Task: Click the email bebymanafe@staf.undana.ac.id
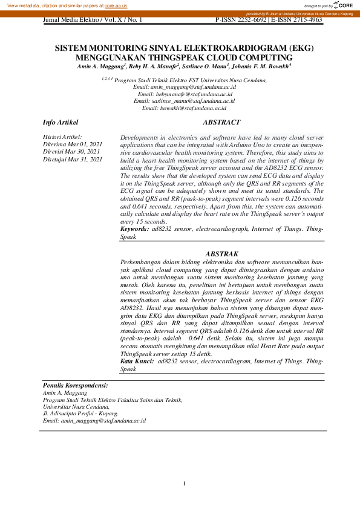point(186,94)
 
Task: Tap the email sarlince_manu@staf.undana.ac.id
point(184,101)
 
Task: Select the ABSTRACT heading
point(221,123)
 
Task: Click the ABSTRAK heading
point(221,254)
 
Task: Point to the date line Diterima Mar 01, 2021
point(72,145)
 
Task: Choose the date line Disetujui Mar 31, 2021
point(72,159)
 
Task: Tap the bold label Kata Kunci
point(137,361)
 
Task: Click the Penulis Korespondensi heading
point(76,385)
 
